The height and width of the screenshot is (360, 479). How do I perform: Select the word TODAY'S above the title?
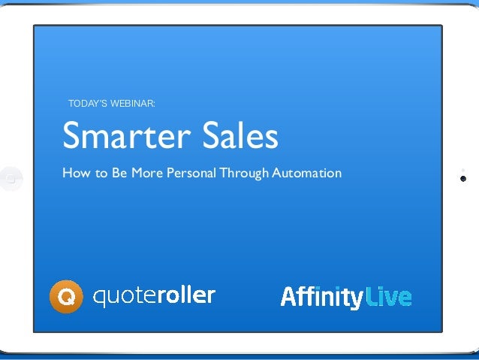click(x=87, y=103)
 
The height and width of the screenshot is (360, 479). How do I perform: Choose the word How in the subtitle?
click(x=74, y=174)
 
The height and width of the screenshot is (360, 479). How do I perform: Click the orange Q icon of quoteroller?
click(x=66, y=297)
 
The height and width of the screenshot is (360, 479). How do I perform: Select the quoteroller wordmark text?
click(x=154, y=297)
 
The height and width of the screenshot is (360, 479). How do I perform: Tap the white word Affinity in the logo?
click(x=322, y=297)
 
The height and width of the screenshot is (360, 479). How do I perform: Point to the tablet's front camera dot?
click(x=463, y=179)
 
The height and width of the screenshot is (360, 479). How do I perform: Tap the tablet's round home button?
click(x=11, y=178)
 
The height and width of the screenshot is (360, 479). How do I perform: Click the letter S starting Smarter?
click(x=71, y=136)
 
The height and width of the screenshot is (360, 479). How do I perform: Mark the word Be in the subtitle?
click(x=119, y=174)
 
